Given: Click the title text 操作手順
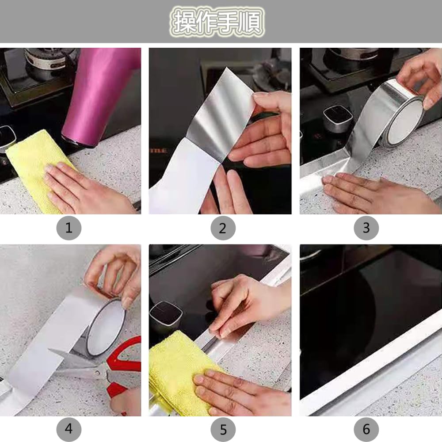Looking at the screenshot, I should [x=218, y=22].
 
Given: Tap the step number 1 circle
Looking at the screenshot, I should [x=69, y=229].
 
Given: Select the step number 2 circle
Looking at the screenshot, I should [x=222, y=229].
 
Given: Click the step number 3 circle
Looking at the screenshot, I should [x=366, y=229].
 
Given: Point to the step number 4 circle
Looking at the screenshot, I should [x=69, y=429].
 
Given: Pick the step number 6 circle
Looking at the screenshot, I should [x=366, y=429].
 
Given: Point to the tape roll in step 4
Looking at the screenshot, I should [x=104, y=325].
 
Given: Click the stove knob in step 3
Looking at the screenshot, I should [x=337, y=118].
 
